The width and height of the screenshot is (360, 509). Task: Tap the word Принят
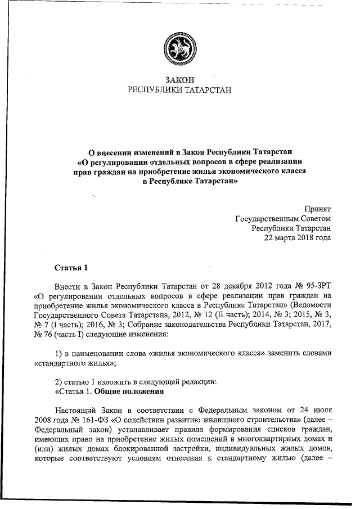(317, 208)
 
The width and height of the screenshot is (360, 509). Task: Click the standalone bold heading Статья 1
(71, 266)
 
